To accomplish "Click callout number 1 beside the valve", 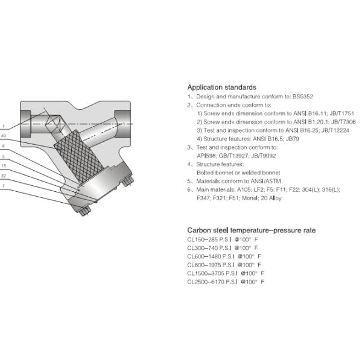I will (x=3, y=126).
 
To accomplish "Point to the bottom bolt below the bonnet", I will (x=83, y=211).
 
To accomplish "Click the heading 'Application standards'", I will (x=221, y=87).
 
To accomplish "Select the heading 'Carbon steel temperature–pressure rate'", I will (x=251, y=230).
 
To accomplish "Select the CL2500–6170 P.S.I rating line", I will (x=226, y=282).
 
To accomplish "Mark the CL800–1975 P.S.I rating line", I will (x=224, y=265).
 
